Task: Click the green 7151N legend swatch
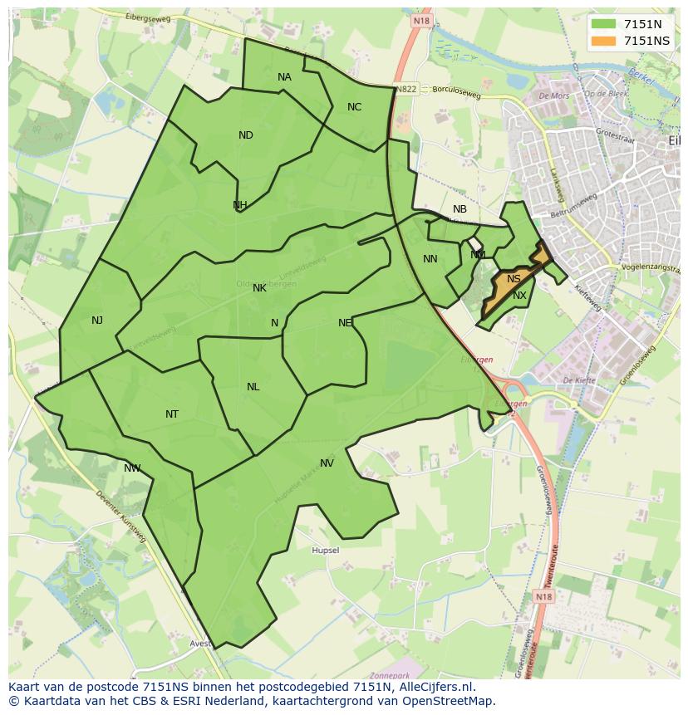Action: [x=604, y=24]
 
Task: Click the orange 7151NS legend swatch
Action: [x=604, y=41]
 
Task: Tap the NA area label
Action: [x=284, y=77]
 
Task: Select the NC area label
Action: [x=354, y=107]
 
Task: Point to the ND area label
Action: [x=245, y=135]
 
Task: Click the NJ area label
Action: [x=97, y=320]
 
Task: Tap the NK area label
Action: [x=259, y=288]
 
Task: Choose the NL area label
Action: [x=253, y=387]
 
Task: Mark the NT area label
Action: [x=172, y=414]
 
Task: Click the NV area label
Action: [x=327, y=463]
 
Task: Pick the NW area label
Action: [x=132, y=468]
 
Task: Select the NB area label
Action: [x=459, y=209]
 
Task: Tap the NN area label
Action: [x=430, y=259]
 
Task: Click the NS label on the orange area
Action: [x=514, y=279]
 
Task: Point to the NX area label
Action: [x=519, y=296]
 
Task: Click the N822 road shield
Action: [x=406, y=89]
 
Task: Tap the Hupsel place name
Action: [x=325, y=551]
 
